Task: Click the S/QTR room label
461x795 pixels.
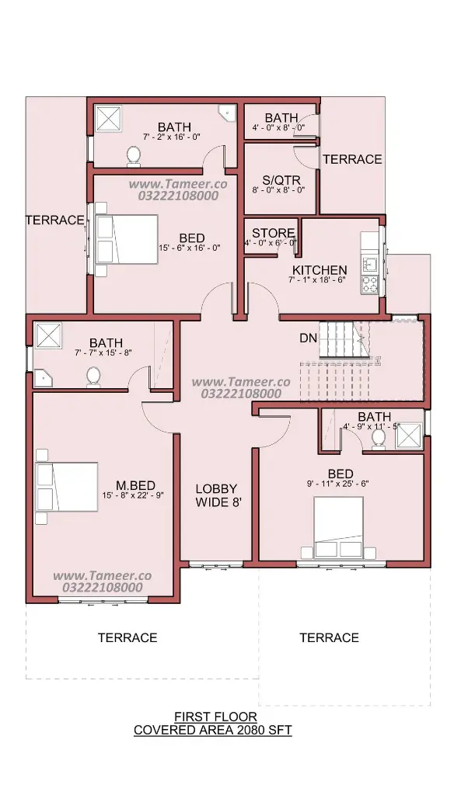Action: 281,180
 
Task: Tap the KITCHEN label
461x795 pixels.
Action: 320,269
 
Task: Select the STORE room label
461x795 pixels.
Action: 273,233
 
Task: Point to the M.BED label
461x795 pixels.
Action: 135,486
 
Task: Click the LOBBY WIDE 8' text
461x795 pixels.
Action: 216,495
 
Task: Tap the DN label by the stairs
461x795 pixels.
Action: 308,338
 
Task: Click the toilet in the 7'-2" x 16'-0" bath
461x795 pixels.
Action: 134,155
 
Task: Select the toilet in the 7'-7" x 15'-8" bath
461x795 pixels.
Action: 93,377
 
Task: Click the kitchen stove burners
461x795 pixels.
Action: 369,284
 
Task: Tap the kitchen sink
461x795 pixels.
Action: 369,264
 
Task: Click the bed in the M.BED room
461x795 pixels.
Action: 67,486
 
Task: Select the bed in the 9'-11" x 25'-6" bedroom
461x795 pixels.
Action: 338,527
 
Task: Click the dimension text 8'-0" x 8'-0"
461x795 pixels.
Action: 279,190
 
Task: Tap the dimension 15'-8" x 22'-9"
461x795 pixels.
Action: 132,495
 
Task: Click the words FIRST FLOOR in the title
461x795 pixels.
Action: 216,717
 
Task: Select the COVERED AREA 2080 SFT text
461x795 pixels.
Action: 213,730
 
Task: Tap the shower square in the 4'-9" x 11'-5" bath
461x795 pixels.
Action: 409,436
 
